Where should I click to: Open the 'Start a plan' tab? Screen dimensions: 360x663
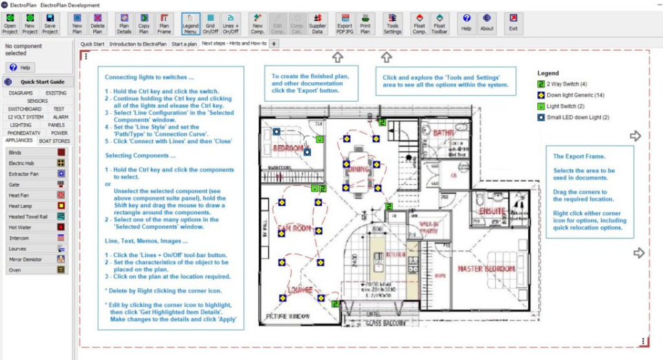click(x=184, y=44)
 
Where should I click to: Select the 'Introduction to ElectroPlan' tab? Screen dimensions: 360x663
click(x=139, y=44)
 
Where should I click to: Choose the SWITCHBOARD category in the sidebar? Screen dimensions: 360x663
click(x=24, y=108)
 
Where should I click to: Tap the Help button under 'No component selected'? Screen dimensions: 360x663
click(x=21, y=68)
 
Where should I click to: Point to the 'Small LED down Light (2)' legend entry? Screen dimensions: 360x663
click(x=573, y=117)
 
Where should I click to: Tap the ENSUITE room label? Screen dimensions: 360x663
click(x=492, y=210)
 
